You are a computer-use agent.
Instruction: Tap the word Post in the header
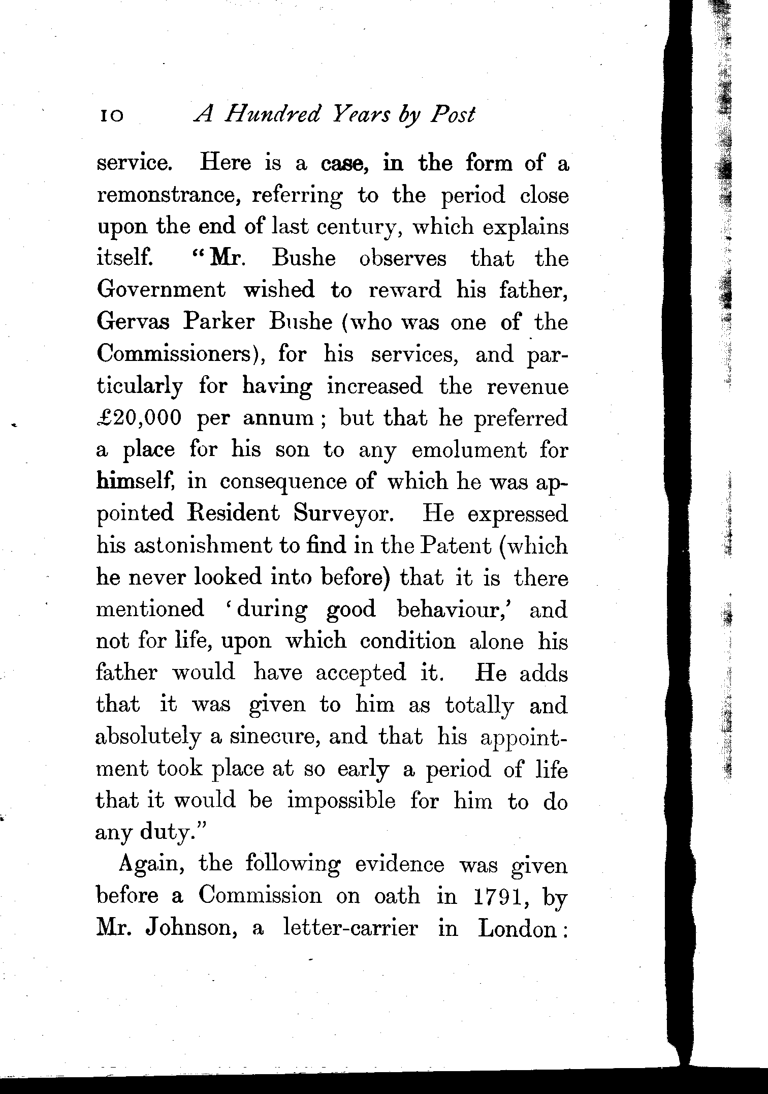pyautogui.click(x=452, y=115)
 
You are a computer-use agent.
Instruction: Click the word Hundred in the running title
pyautogui.click(x=272, y=115)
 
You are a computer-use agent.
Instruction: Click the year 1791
pyautogui.click(x=500, y=896)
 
